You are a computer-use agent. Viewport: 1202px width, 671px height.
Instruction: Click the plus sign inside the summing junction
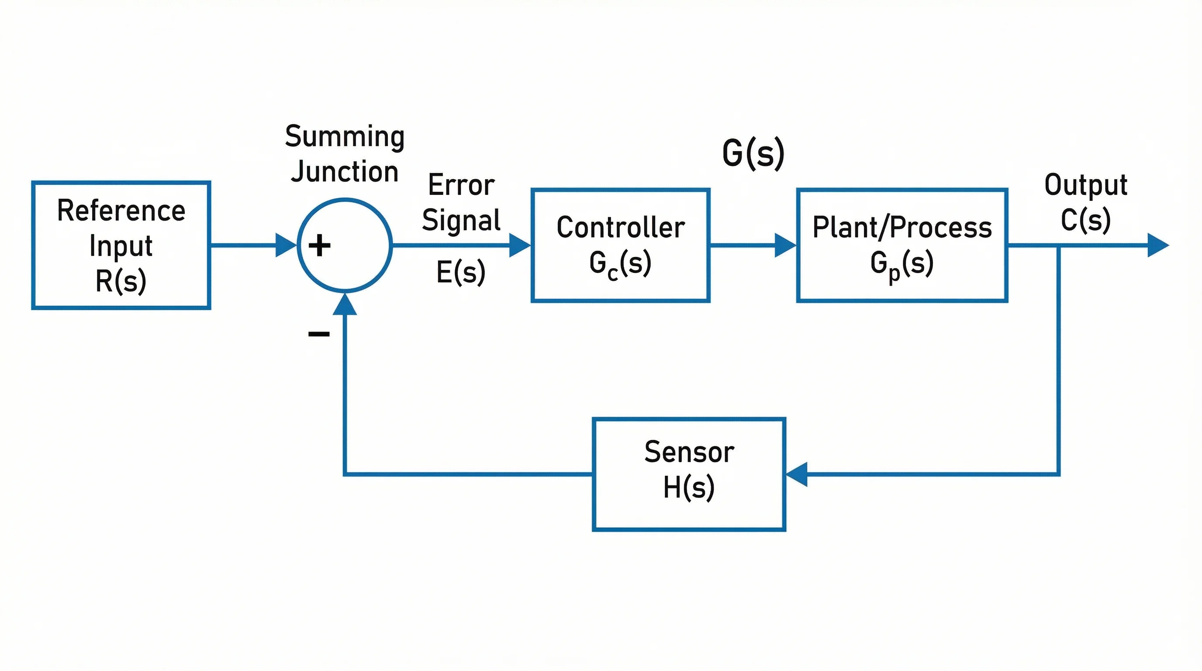coord(320,246)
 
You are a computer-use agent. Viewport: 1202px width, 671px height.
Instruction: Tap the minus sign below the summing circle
coord(319,334)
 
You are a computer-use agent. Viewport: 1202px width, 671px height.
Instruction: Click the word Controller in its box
coord(621,228)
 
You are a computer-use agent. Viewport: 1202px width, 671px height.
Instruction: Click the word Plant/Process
coord(902,228)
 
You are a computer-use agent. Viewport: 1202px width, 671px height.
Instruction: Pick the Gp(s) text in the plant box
coord(901,264)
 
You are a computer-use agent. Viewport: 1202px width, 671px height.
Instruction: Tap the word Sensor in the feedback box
coord(689,452)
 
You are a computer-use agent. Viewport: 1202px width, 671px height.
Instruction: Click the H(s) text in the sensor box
coord(689,487)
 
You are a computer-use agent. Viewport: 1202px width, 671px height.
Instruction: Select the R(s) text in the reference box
coord(121,281)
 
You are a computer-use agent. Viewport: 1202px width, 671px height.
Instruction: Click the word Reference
coord(121,211)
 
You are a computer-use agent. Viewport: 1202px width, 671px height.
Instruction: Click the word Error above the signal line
coord(461,185)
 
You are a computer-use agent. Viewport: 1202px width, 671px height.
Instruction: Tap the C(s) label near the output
coord(1085,220)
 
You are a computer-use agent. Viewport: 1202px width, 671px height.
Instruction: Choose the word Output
coord(1086,185)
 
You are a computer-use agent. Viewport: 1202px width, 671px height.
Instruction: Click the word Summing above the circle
coord(345,137)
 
